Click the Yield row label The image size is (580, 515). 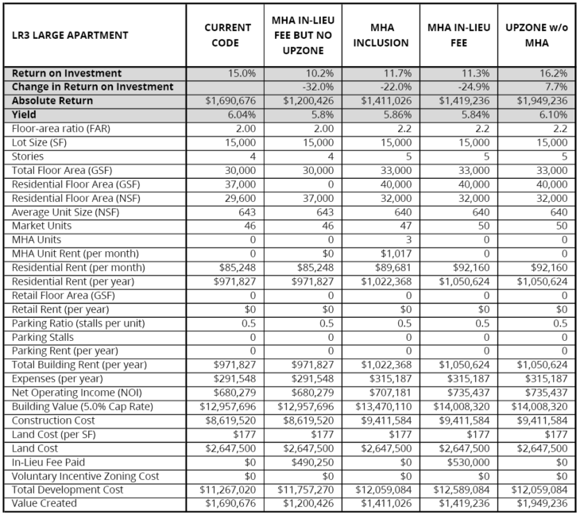click(26, 114)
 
